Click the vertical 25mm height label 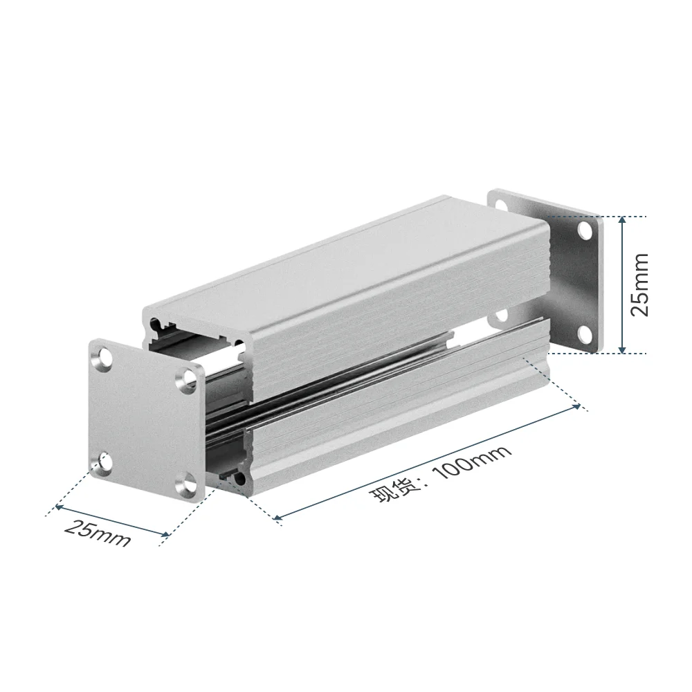coord(640,284)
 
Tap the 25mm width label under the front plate coord(98,533)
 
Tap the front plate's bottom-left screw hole coord(104,461)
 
